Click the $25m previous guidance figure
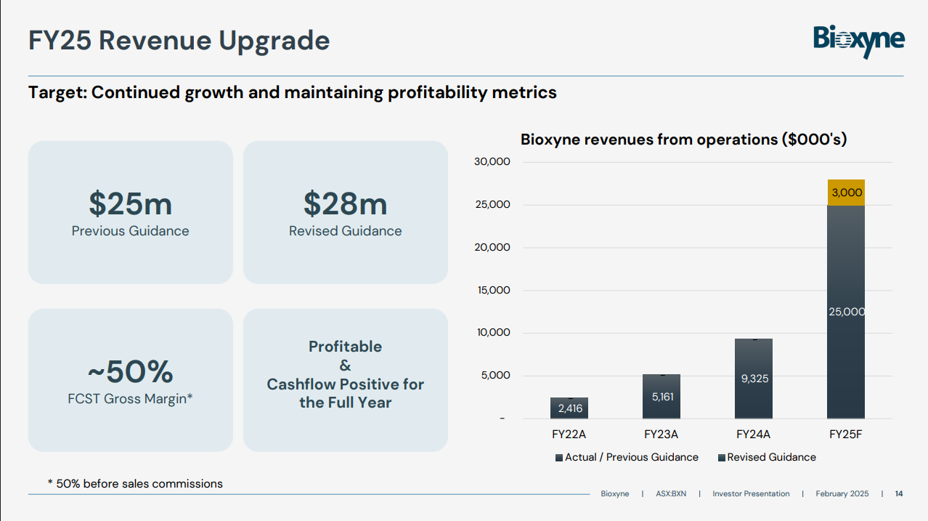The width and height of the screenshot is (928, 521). pos(131,203)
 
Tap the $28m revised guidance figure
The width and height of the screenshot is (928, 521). pos(345,203)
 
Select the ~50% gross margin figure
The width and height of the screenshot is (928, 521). pos(131,372)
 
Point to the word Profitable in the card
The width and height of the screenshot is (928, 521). pos(345,347)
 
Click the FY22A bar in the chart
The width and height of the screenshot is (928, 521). pos(569,408)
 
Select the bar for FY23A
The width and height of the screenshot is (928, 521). pos(661,397)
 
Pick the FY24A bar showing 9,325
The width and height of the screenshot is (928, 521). pos(754,379)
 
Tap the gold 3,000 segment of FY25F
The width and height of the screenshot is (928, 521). pos(846,193)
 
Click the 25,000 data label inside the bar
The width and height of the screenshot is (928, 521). pos(846,312)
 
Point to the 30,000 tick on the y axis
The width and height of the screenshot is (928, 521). pos(492,162)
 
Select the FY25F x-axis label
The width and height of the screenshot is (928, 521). pos(846,435)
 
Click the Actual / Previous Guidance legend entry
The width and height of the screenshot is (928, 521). pos(627,457)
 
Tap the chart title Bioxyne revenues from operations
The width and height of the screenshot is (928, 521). pos(683,140)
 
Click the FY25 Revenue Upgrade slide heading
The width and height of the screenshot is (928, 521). pos(179,41)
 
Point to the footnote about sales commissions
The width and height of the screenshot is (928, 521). pos(135,483)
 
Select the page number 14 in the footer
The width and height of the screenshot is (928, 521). pos(899,494)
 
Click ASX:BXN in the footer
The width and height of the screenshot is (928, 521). pos(671,494)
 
